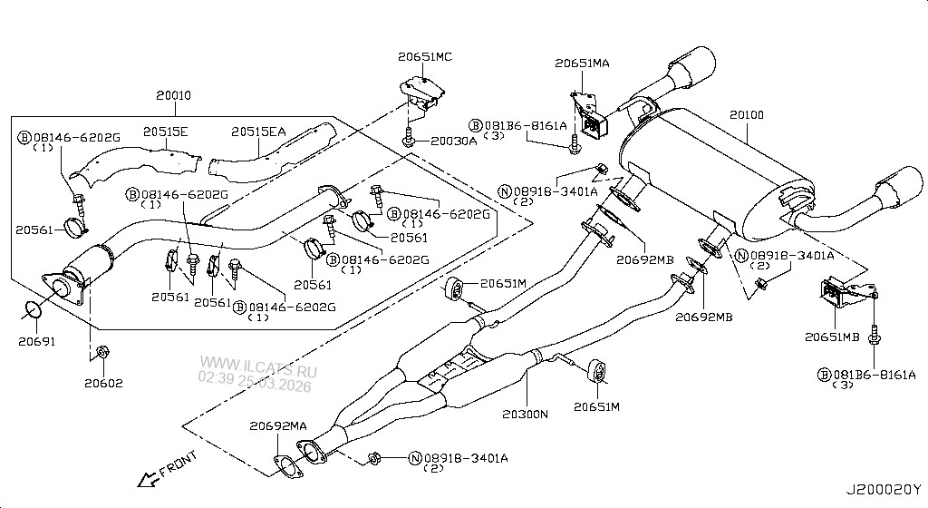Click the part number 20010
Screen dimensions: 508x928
pyautogui.click(x=173, y=94)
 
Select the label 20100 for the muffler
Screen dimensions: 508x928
pyautogui.click(x=746, y=115)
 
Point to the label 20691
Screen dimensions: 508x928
pyautogui.click(x=36, y=341)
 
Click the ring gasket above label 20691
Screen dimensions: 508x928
pyautogui.click(x=34, y=311)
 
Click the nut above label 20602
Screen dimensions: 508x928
pyautogui.click(x=102, y=350)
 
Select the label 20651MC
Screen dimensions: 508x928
pyautogui.click(x=424, y=56)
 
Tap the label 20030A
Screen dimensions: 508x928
pyautogui.click(x=453, y=141)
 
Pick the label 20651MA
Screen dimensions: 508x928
pyautogui.click(x=583, y=63)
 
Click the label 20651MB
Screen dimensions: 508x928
pyautogui.click(x=831, y=337)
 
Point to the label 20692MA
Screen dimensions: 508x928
pyautogui.click(x=277, y=425)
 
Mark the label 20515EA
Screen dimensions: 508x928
pyautogui.click(x=257, y=132)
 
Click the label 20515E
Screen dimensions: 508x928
pyautogui.click(x=165, y=132)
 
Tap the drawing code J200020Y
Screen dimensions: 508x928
pyautogui.click(x=884, y=489)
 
